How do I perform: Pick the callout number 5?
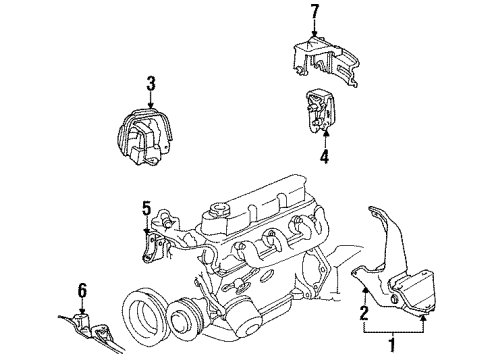[146, 208]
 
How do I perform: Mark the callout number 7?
[313, 11]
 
